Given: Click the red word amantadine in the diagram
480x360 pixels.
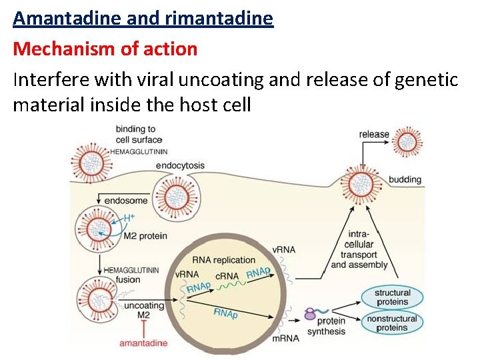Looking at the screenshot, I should pyautogui.click(x=143, y=343).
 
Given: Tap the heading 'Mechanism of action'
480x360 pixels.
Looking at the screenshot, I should pyautogui.click(x=105, y=49).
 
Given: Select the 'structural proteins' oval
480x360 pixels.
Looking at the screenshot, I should pyautogui.click(x=392, y=297).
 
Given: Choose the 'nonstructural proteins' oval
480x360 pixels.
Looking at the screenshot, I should pyautogui.click(x=392, y=323).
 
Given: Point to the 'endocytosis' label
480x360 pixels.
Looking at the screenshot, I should pyautogui.click(x=180, y=165).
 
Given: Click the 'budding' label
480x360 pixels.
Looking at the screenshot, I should pyautogui.click(x=405, y=179).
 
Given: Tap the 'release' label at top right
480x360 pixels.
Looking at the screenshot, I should pyautogui.click(x=374, y=134).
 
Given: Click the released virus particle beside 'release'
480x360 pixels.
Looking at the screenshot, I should pyautogui.click(x=407, y=141).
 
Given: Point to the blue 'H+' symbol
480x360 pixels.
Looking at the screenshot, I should pyautogui.click(x=130, y=218).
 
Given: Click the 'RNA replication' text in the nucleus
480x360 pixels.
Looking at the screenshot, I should pyautogui.click(x=223, y=260).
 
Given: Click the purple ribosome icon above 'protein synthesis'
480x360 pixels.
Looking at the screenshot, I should pyautogui.click(x=310, y=313).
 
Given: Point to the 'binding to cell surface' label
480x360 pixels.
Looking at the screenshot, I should pyautogui.click(x=138, y=134).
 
